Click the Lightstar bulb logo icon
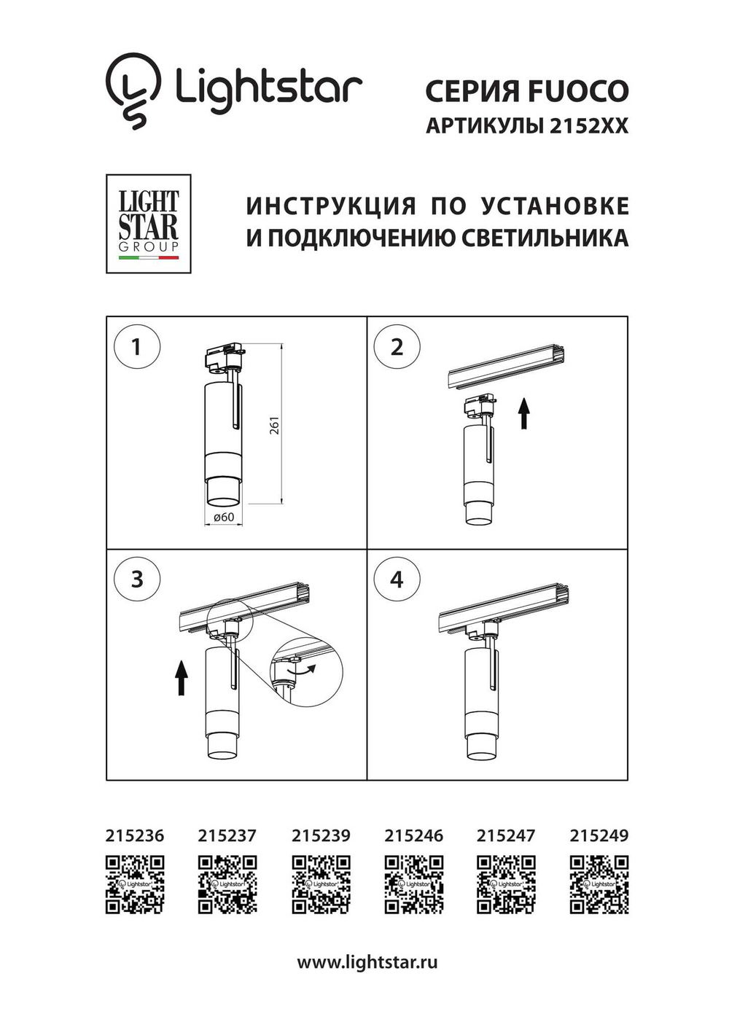pos(133,90)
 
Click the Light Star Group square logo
pos(149,224)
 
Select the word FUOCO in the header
pos(577,92)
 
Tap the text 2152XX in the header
pos(588,126)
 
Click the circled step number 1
pos(136,347)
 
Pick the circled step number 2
pos(397,347)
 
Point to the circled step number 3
pos(136,580)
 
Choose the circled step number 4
pos(397,580)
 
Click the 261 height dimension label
pos(274,426)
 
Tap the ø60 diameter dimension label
pos(223,517)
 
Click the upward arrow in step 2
pos(523,413)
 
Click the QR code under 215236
pos(135,884)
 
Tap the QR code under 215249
pos(599,884)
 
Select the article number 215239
pos(321,835)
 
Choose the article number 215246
pos(413,835)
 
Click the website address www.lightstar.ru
pos(367,962)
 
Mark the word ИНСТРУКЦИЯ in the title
pos(331,206)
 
